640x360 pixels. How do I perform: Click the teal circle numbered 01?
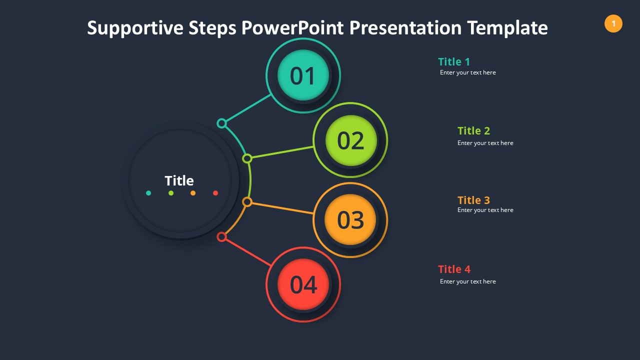[303, 75]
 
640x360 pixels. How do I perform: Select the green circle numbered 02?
[351, 140]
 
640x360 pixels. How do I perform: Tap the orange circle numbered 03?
[350, 219]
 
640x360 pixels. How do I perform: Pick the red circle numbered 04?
[303, 284]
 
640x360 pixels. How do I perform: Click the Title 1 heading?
[454, 61]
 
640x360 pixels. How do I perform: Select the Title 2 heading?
[473, 131]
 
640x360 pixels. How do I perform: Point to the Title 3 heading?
[473, 200]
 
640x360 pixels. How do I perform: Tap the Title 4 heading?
[454, 269]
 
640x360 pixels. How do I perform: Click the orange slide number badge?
[613, 23]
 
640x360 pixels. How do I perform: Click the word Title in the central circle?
[179, 180]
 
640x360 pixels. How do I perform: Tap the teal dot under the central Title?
[148, 193]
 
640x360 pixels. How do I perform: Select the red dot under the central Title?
[215, 193]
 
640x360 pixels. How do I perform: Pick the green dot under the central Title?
[171, 193]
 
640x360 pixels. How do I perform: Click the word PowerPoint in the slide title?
[292, 27]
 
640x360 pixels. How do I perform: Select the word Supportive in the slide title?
[135, 28]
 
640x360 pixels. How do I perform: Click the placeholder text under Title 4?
[467, 281]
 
